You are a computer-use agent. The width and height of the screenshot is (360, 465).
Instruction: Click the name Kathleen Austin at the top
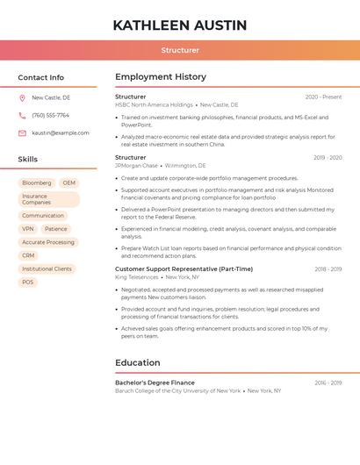point(180,25)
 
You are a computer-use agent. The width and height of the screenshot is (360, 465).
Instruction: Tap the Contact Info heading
point(41,77)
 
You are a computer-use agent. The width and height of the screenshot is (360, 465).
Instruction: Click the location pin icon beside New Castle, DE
point(22,97)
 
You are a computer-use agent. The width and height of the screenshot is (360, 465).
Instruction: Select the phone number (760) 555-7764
point(50,115)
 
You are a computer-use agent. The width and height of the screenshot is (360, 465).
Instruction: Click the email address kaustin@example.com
point(61,132)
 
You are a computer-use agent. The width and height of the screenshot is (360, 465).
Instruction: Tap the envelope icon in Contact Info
point(22,132)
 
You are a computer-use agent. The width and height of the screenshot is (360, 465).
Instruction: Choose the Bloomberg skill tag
point(36,183)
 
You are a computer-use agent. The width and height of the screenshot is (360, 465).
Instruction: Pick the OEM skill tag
point(68,183)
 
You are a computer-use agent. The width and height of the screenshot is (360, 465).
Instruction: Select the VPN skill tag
point(28,229)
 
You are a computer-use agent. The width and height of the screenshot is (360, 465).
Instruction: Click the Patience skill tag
point(55,229)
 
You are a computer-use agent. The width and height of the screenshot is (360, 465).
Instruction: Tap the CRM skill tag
point(28,255)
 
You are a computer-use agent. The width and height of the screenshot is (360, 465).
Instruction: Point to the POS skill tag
point(28,282)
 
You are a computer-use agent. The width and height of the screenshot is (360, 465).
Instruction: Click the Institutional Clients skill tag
point(47,268)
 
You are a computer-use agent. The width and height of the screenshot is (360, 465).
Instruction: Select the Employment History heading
point(161,76)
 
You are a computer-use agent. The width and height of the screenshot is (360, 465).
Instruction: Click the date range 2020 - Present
point(323,97)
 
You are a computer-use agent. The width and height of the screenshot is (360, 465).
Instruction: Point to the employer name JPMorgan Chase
point(136,165)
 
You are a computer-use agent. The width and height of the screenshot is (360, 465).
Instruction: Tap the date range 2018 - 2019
point(328,268)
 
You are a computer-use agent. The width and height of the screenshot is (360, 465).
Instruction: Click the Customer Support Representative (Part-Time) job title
point(184,268)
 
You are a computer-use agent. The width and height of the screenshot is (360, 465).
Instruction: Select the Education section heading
point(138,362)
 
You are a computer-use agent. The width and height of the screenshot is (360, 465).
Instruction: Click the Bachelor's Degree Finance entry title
point(155,383)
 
